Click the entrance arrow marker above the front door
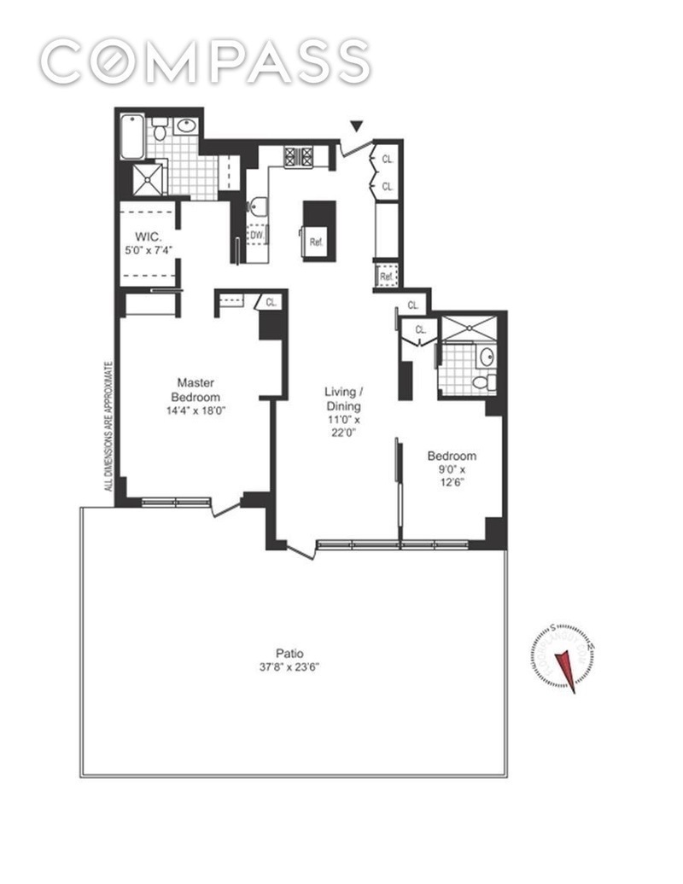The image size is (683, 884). pos(356,128)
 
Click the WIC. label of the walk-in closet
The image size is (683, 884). pos(143,238)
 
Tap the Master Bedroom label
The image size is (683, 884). pos(196,390)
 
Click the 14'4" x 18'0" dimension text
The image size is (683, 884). pos(196,410)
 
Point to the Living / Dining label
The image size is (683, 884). pos(342,398)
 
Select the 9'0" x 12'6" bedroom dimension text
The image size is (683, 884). pos(452,477)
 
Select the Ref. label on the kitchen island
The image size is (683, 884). pos(316,240)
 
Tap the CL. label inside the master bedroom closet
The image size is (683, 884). pos(271,302)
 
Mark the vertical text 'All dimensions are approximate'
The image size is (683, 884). pos(108,427)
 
